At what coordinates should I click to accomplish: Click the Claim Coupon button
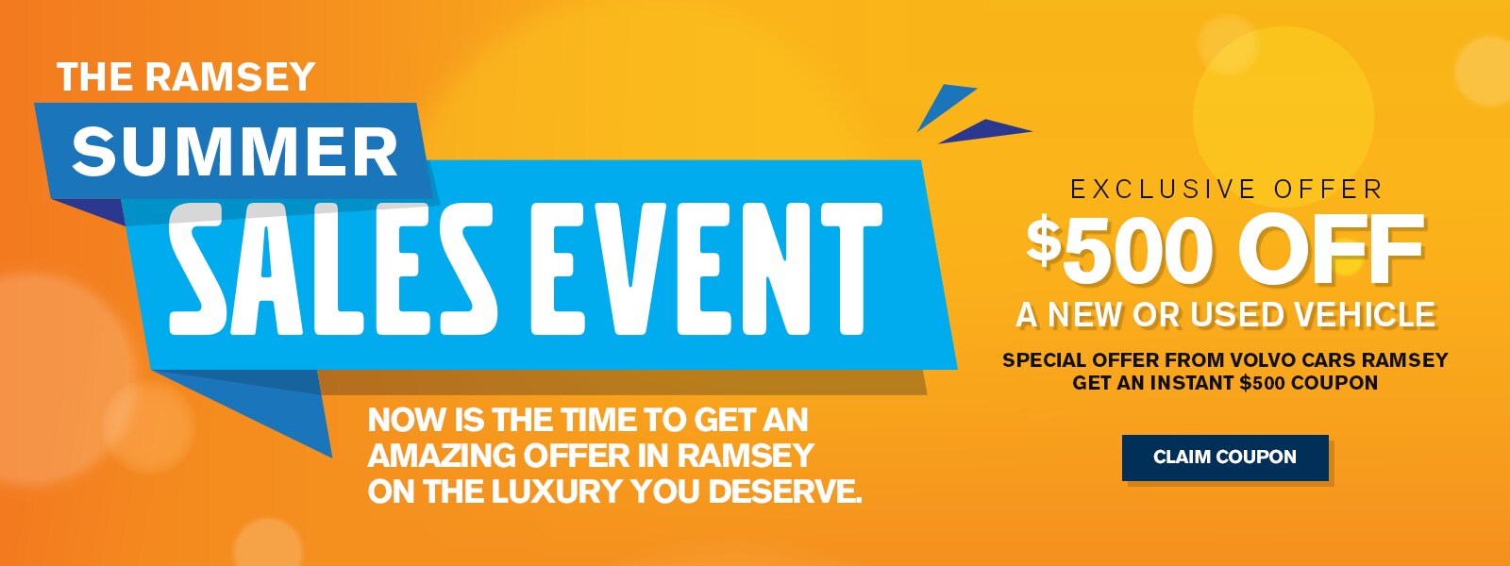1225,458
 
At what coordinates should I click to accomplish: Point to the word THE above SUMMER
96,76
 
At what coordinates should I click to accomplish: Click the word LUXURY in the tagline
557,491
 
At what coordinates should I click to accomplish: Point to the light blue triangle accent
945,106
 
